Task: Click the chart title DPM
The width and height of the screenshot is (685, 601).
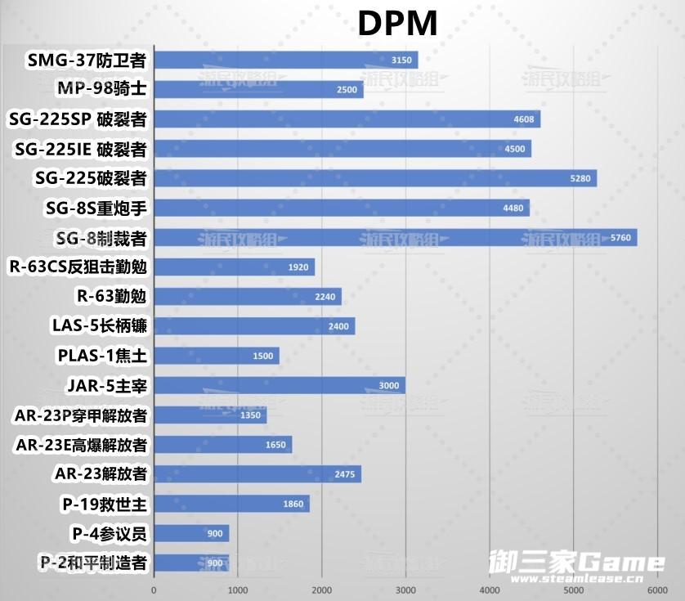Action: [x=397, y=24]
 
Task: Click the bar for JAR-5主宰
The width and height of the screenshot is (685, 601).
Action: [x=279, y=385]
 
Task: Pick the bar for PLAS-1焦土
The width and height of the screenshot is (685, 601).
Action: [x=216, y=356]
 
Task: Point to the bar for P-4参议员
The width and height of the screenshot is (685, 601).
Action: [x=191, y=533]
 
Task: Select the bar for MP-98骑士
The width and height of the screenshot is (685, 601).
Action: [x=258, y=89]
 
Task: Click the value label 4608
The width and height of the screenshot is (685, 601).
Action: [x=524, y=119]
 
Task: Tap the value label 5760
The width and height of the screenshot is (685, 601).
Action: [x=621, y=238]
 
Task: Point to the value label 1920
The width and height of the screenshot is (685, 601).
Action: [x=298, y=267]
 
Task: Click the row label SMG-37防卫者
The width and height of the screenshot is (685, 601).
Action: [x=87, y=60]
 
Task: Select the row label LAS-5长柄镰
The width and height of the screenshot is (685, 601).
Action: [x=99, y=326]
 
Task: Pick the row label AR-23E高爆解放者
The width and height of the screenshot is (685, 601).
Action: [x=81, y=445]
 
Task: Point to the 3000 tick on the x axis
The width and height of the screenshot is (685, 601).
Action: [x=405, y=590]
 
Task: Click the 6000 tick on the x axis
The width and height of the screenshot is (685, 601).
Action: [x=657, y=590]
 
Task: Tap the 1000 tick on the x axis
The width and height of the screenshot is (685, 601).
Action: [x=237, y=590]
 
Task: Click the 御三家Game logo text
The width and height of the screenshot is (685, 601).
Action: [x=575, y=562]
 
